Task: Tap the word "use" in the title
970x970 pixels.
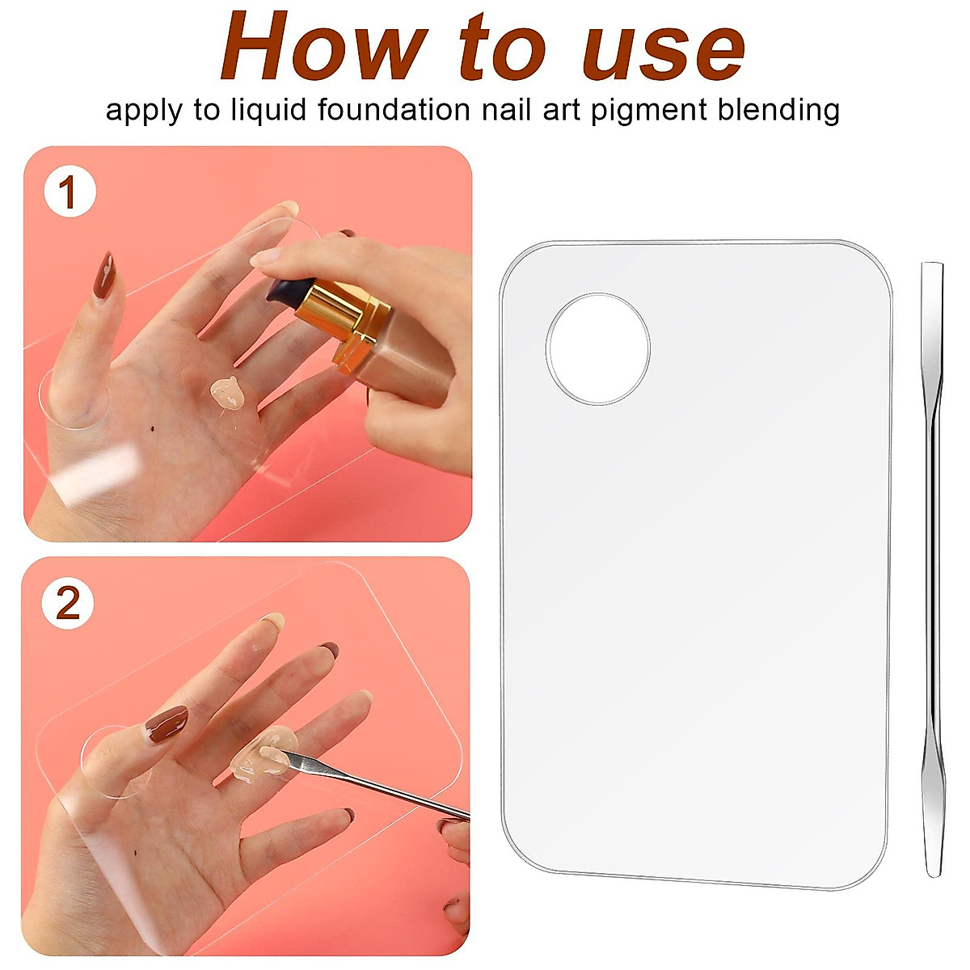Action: coord(663,50)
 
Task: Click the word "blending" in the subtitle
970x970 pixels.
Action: coord(778,110)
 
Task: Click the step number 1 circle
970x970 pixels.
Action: coord(70,194)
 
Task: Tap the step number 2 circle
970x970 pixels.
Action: coord(69,604)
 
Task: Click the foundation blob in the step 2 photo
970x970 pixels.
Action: coord(263,757)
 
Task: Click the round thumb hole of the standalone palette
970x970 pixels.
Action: coord(598,348)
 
